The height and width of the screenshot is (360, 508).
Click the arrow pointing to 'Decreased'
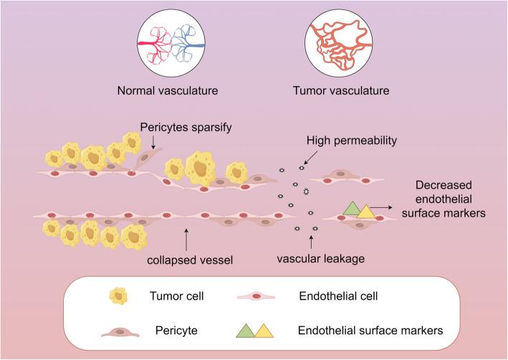(385, 206)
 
